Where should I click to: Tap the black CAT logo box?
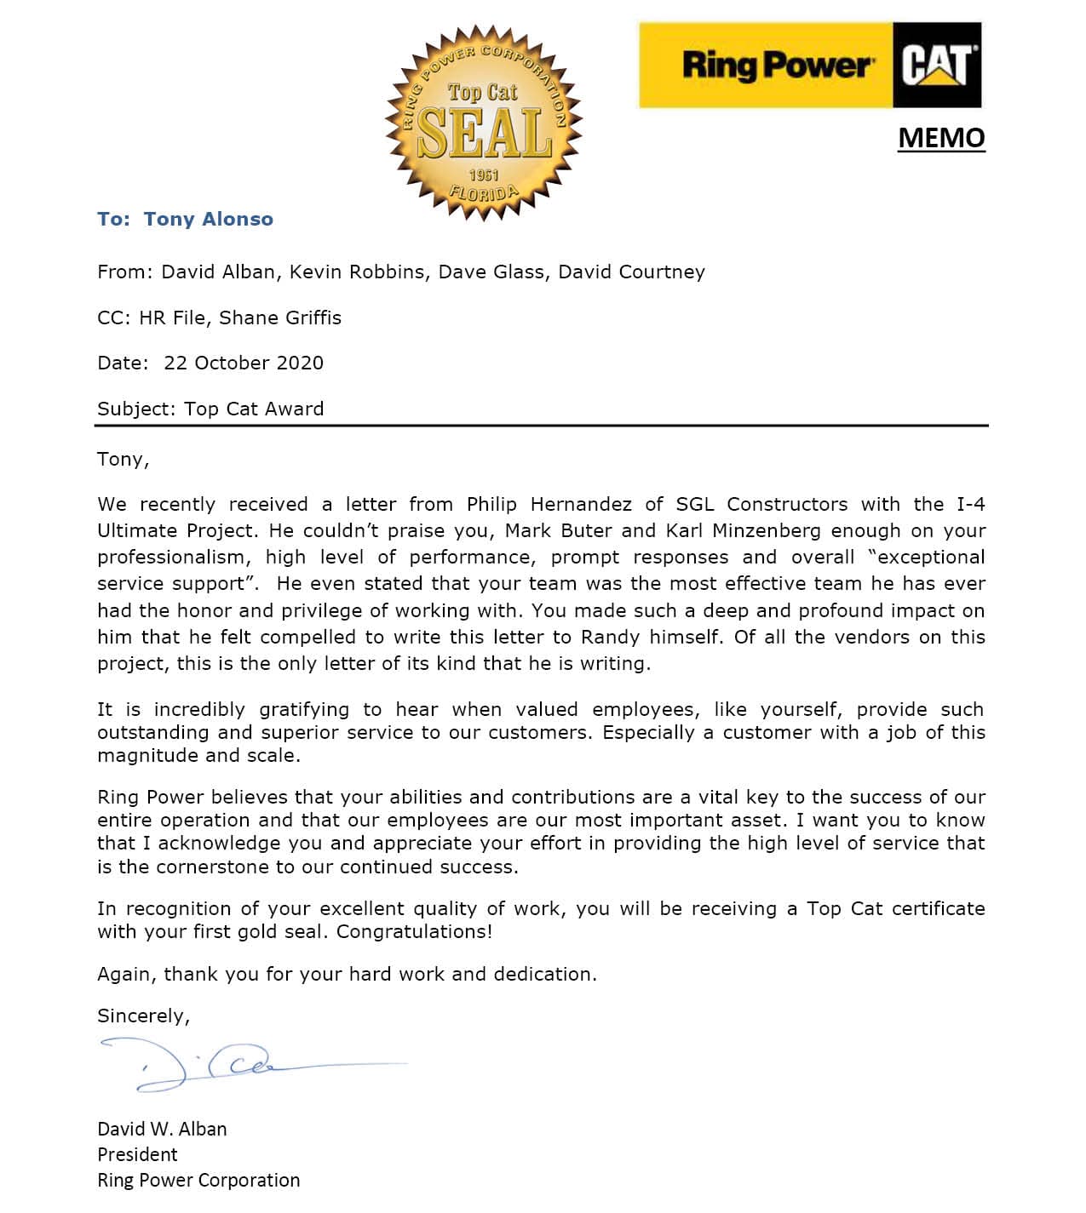coord(936,66)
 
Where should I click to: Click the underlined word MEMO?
coord(941,138)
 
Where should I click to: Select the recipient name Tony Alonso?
coord(208,219)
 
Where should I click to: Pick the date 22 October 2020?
coord(244,363)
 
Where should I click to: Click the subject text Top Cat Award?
coord(254,409)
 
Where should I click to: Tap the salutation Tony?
coord(124,460)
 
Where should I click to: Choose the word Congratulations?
coord(414,931)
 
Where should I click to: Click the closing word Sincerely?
coord(144,1016)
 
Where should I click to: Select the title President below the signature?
coord(137,1154)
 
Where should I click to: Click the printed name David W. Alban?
coord(162,1129)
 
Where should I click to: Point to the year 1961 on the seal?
coord(483,175)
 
